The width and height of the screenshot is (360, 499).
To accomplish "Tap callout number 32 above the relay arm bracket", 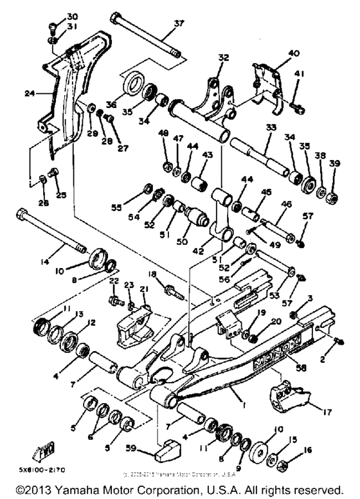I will click(223, 58).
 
